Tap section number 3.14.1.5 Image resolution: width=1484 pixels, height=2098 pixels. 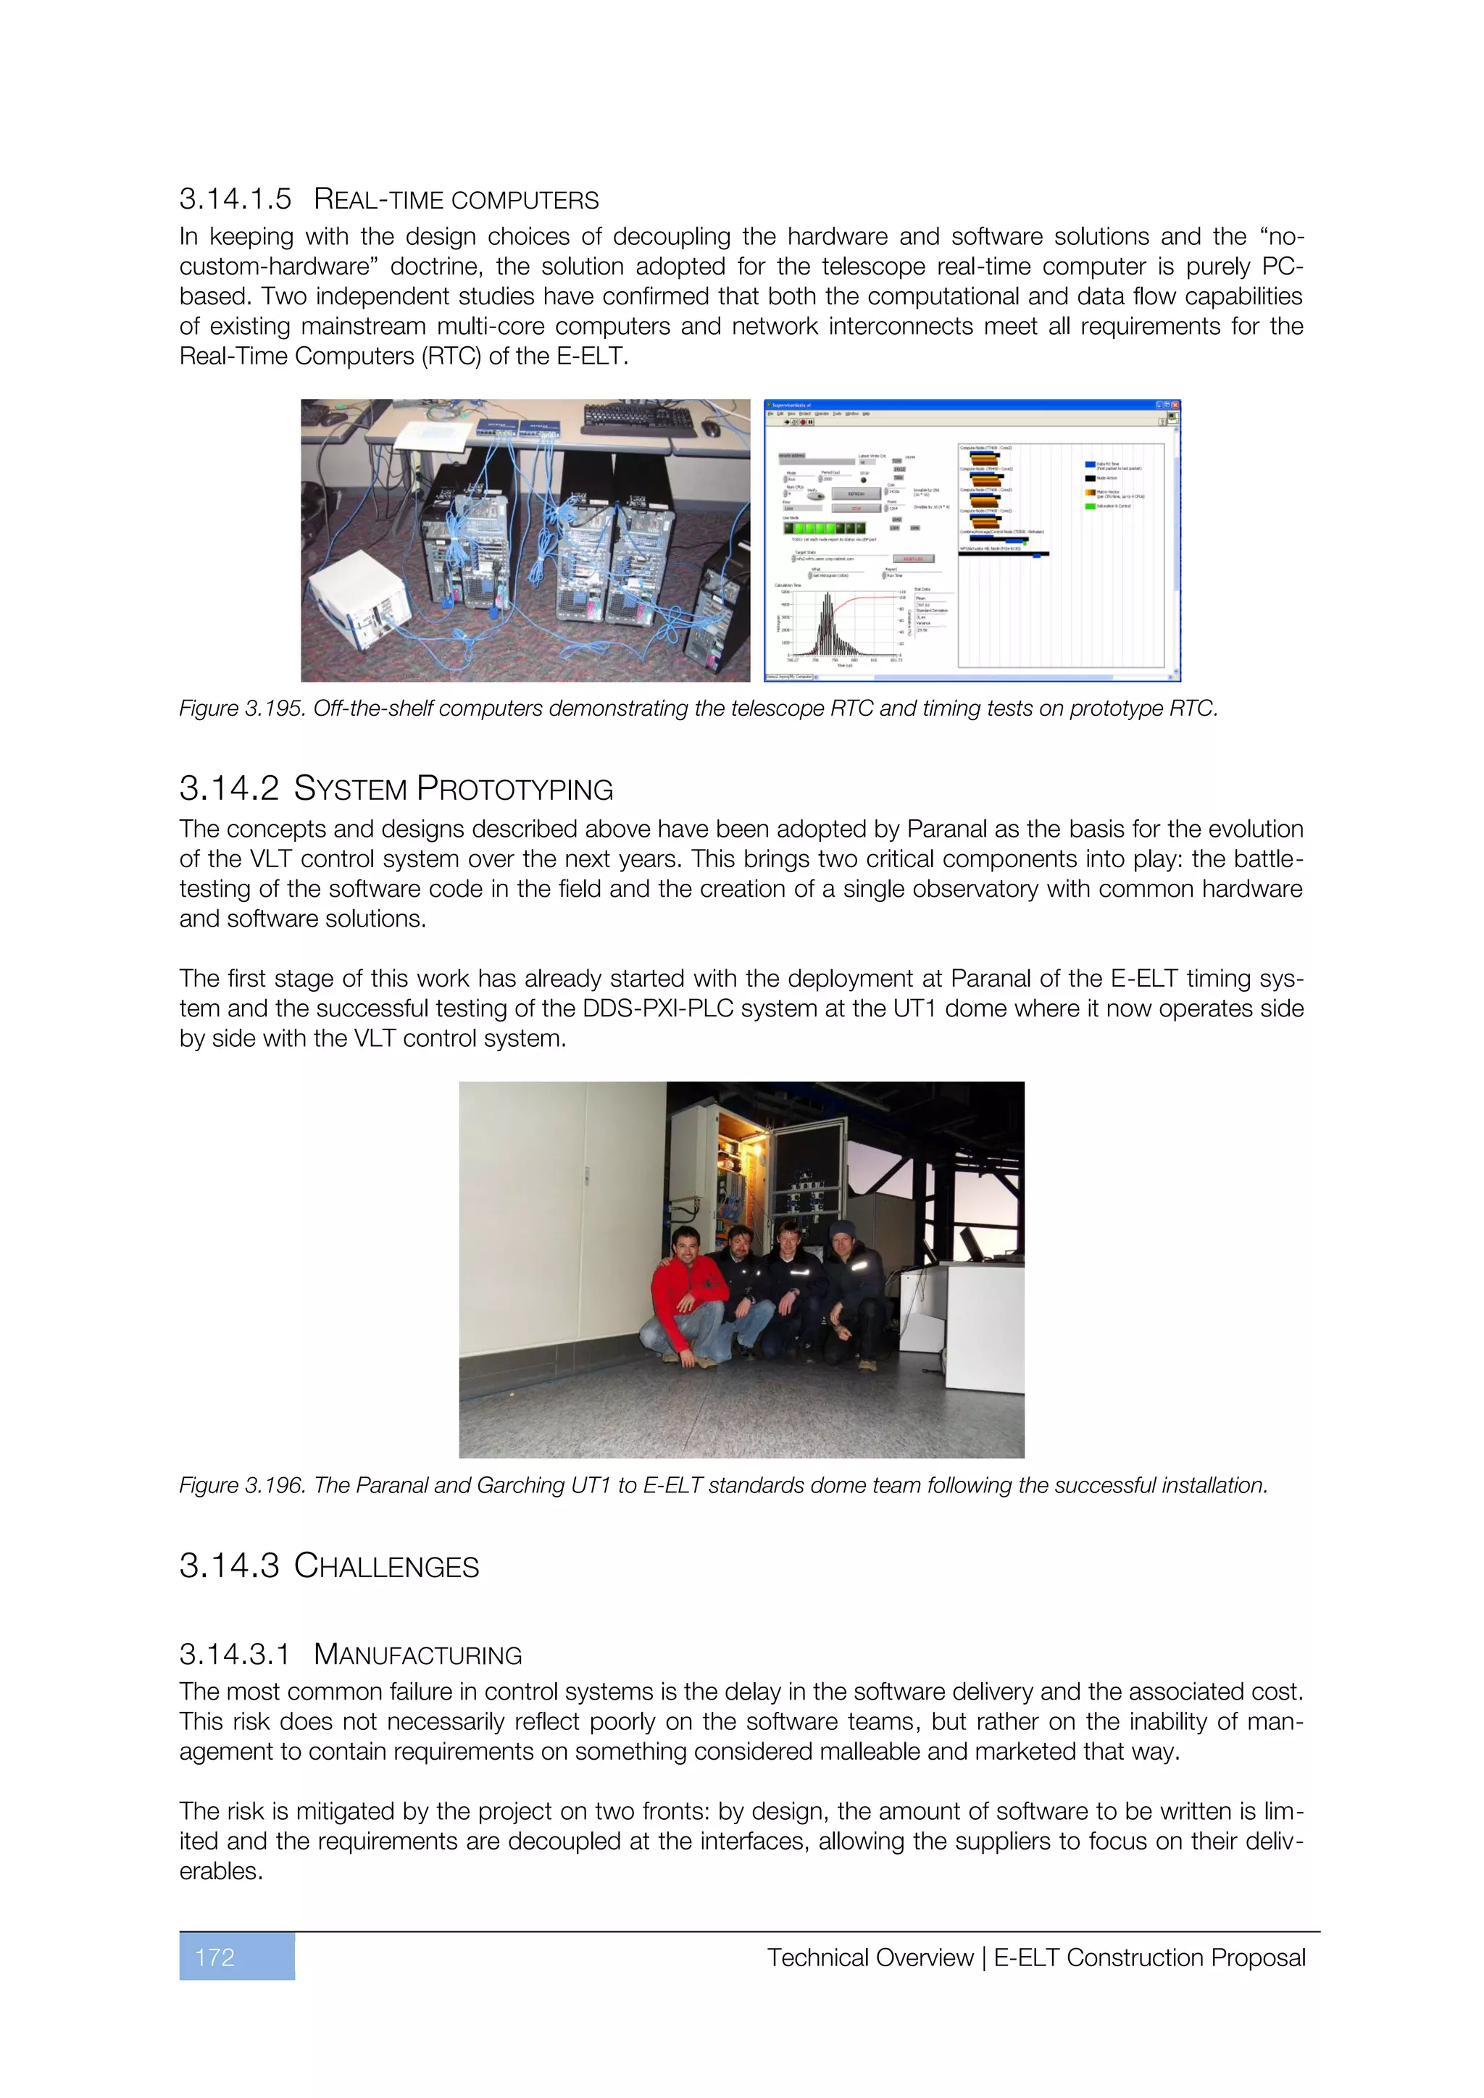(x=235, y=198)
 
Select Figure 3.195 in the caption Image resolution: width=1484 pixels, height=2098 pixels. (x=241, y=709)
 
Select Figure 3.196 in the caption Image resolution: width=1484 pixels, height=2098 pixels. (x=241, y=1485)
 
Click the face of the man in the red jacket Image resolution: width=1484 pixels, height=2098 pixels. (x=685, y=1245)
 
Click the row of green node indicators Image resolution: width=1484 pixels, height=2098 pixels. (x=824, y=528)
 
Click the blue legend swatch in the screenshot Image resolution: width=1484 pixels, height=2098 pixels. (x=1089, y=465)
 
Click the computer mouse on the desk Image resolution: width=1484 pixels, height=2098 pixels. (x=711, y=429)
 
